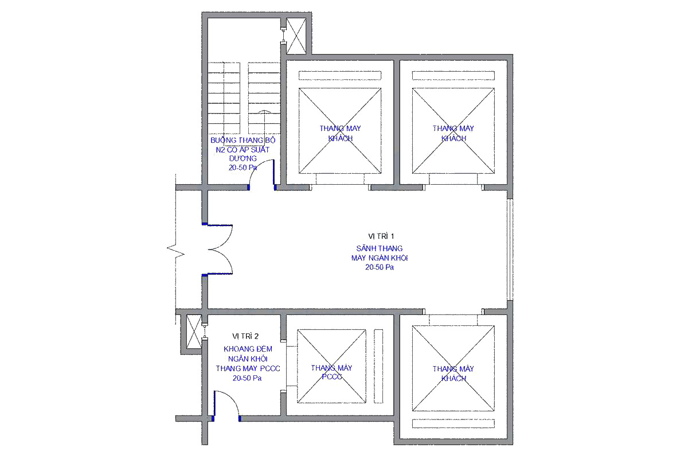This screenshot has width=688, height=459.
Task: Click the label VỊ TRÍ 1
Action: point(381,236)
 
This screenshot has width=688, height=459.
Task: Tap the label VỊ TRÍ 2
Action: point(245,336)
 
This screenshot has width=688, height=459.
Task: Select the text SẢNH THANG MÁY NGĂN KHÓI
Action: point(380,253)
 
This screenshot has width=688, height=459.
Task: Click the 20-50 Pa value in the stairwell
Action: point(243,168)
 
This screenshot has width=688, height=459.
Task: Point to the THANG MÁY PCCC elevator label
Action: point(331,372)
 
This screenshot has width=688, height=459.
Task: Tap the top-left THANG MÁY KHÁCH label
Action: point(340,133)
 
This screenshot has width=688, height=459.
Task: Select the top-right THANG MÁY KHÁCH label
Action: point(454,133)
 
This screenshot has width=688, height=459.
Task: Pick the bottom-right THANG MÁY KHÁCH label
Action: point(454,374)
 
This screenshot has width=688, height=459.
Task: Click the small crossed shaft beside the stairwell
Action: point(296,36)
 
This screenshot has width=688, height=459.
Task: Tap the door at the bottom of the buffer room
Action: point(226,405)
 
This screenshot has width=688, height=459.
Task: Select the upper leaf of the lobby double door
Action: point(220,237)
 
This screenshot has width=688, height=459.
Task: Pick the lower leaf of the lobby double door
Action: point(220,261)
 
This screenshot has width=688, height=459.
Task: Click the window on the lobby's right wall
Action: point(510,250)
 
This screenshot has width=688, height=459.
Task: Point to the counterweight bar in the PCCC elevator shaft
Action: point(378,366)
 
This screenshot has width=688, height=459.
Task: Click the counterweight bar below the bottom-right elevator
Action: point(454,423)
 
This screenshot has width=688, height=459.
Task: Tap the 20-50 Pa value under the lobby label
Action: point(380,267)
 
